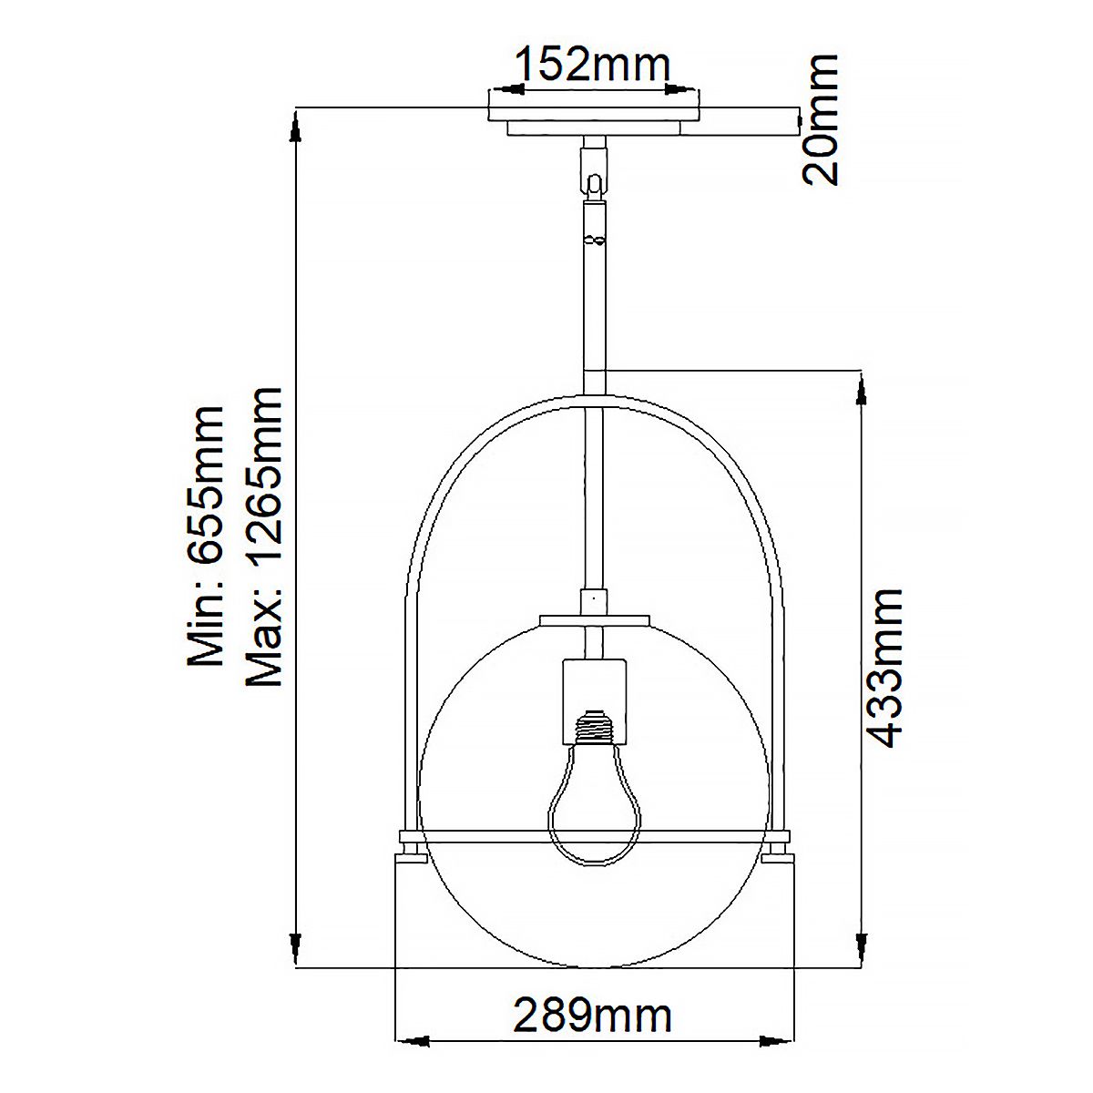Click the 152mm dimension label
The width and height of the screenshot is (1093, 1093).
(593, 65)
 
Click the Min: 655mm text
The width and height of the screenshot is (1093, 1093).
(204, 536)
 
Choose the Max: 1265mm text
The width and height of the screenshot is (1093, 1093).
(265, 536)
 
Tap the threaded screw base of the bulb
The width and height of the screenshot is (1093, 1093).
(593, 726)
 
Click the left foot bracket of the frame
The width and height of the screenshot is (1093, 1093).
(409, 844)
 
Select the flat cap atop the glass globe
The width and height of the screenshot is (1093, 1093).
(595, 620)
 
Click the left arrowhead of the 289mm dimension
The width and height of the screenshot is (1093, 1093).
(411, 1065)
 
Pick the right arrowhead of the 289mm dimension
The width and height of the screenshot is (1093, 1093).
(776, 1065)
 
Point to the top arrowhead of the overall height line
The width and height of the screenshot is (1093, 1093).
(294, 128)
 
